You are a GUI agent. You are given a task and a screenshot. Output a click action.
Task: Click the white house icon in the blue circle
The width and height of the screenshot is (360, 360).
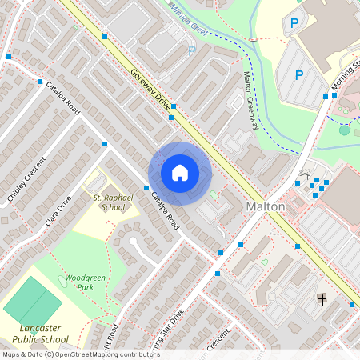coord(180,173)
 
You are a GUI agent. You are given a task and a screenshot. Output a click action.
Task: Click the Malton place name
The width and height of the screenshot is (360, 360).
coord(265,206)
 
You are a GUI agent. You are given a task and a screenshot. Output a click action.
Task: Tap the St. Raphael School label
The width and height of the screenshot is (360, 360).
coord(110,202)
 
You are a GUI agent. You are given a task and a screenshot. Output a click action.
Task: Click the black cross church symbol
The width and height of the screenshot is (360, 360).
coord(322,300)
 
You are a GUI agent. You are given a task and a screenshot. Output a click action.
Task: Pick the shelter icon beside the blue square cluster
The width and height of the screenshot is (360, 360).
coord(304,175)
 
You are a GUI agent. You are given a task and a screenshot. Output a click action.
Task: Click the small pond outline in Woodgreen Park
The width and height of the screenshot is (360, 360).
coord(62,280)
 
